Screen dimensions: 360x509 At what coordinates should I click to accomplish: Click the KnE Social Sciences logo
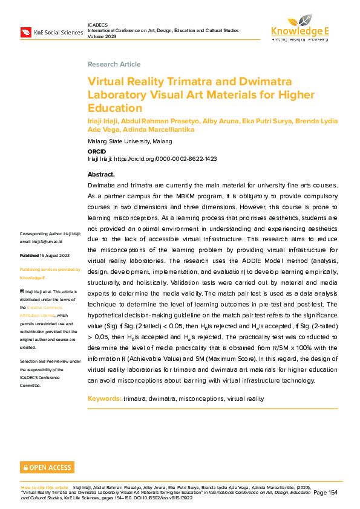pyautogui.click(x=51, y=32)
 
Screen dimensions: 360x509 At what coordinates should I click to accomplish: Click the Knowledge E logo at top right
pyautogui.click(x=299, y=27)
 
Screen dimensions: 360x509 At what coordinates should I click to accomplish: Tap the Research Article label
pyautogui.click(x=114, y=64)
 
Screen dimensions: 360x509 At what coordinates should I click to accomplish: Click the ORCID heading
pyautogui.click(x=96, y=151)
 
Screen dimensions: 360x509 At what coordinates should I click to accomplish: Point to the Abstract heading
pyautogui.click(x=101, y=174)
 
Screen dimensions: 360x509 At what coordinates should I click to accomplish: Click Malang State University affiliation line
pyautogui.click(x=129, y=141)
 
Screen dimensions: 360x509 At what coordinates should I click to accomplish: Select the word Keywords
pyautogui.click(x=104, y=399)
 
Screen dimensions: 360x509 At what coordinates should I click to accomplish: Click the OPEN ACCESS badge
pyautogui.click(x=47, y=467)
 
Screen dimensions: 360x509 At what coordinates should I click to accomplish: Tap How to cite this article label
pyautogui.click(x=45, y=487)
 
